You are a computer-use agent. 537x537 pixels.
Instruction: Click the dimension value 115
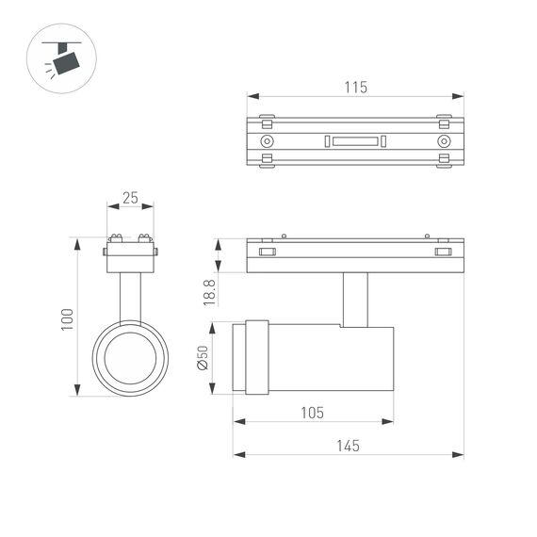(x=355, y=87)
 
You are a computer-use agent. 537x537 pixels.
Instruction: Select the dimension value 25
(x=130, y=198)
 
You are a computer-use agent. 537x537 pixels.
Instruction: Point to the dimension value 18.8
(x=210, y=291)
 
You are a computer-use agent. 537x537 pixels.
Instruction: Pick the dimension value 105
(x=313, y=413)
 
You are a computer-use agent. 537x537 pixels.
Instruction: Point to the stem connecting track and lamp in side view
(x=355, y=300)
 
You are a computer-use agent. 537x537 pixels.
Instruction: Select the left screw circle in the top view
(x=268, y=141)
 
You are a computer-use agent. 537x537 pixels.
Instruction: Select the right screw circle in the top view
(x=443, y=141)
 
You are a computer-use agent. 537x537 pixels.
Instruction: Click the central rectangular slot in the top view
(x=355, y=141)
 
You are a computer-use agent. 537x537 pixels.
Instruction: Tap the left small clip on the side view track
(x=268, y=252)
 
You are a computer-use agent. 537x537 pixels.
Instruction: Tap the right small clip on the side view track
(x=443, y=252)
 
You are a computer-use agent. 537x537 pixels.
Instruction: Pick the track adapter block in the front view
(x=130, y=255)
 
